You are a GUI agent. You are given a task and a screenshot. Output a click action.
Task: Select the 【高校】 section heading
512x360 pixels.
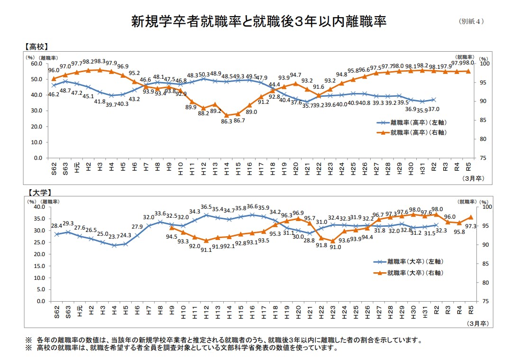tap(36, 46)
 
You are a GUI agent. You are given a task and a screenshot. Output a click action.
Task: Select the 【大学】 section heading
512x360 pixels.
tap(36, 193)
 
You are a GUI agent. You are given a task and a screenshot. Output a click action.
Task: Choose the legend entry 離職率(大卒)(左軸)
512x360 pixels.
tap(415, 261)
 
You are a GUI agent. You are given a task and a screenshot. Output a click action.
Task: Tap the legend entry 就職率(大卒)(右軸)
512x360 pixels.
tap(415, 273)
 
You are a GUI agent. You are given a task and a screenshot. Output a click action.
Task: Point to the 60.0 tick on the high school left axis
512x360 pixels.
tap(36, 64)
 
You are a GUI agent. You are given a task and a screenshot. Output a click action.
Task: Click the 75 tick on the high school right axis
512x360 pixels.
tap(481, 158)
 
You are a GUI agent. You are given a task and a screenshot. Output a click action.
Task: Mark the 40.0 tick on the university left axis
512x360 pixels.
tap(37, 207)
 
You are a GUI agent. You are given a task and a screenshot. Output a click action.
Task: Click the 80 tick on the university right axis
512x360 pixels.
tap(481, 283)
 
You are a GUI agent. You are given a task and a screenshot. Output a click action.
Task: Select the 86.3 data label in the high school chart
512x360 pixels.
tap(227, 121)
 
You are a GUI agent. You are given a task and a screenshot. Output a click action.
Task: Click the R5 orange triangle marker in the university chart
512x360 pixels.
tap(470, 217)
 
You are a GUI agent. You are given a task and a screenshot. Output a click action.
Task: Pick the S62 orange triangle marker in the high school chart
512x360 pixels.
tap(54, 79)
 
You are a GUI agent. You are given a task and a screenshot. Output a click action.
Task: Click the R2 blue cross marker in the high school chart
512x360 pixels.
tap(434, 100)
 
